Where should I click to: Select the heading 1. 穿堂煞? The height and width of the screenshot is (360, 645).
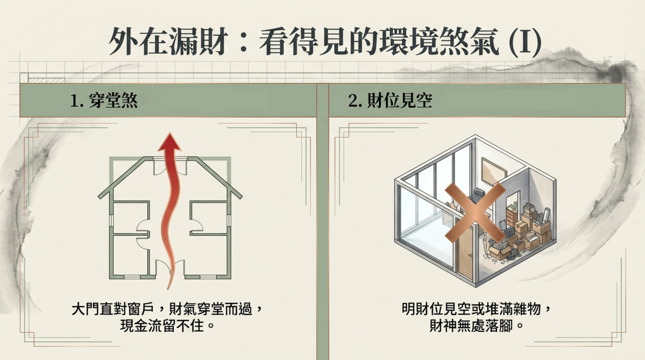coord(104,101)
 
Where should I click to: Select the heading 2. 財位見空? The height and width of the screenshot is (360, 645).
coord(390,101)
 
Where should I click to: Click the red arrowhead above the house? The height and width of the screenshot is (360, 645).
coord(170,143)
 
